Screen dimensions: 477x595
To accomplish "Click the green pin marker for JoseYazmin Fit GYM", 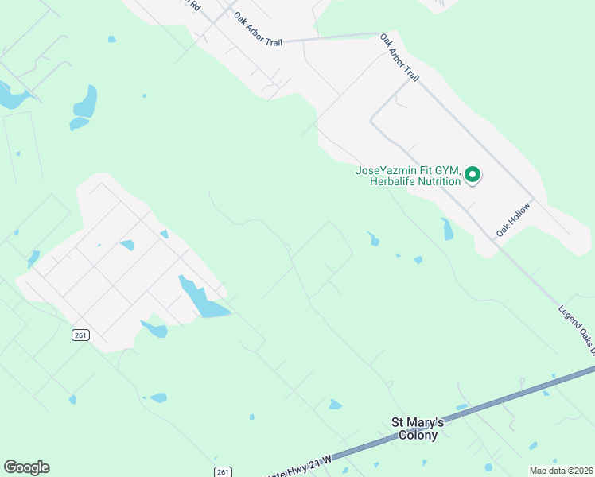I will pyautogui.click(x=472, y=174).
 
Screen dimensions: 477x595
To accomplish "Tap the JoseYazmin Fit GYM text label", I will pyautogui.click(x=407, y=170).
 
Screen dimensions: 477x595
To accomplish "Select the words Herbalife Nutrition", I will pyautogui.click(x=415, y=181).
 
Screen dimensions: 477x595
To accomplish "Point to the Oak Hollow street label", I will pyautogui.click(x=513, y=219).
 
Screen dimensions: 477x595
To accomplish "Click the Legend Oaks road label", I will pyautogui.click(x=578, y=328).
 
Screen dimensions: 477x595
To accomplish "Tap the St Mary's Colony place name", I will pyautogui.click(x=418, y=429).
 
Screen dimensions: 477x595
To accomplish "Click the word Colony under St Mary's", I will pyautogui.click(x=418, y=436).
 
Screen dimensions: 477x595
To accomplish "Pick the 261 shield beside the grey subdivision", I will pyautogui.click(x=80, y=335).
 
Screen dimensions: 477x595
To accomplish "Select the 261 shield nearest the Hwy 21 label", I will pyautogui.click(x=224, y=472).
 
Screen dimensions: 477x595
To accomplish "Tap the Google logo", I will pyautogui.click(x=26, y=467).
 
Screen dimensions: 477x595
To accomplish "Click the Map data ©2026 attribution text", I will pyautogui.click(x=561, y=471).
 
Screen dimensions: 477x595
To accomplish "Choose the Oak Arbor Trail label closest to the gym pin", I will pyautogui.click(x=399, y=56).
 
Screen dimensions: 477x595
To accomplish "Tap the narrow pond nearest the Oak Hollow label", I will pyautogui.click(x=447, y=229).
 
